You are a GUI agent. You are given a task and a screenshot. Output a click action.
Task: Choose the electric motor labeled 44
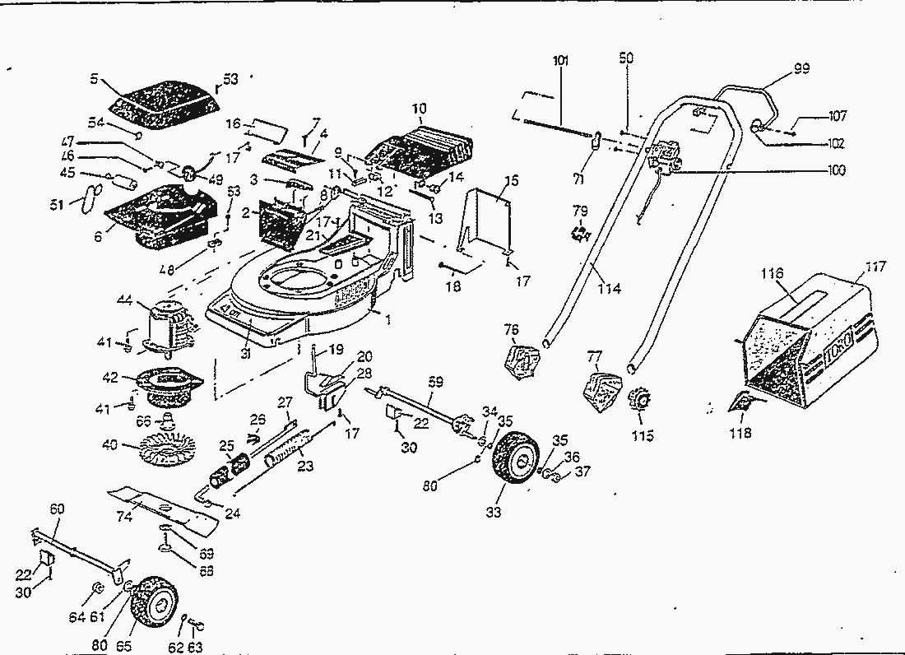click(x=170, y=327)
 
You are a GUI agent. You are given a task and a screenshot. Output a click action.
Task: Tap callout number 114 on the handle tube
click(x=610, y=289)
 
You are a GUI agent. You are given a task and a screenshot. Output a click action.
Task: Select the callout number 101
click(x=560, y=61)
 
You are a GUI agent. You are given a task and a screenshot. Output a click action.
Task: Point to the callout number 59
click(x=435, y=381)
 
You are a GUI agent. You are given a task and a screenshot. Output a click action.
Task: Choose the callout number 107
click(x=837, y=116)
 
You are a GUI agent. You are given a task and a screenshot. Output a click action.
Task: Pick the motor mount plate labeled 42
click(x=169, y=386)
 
